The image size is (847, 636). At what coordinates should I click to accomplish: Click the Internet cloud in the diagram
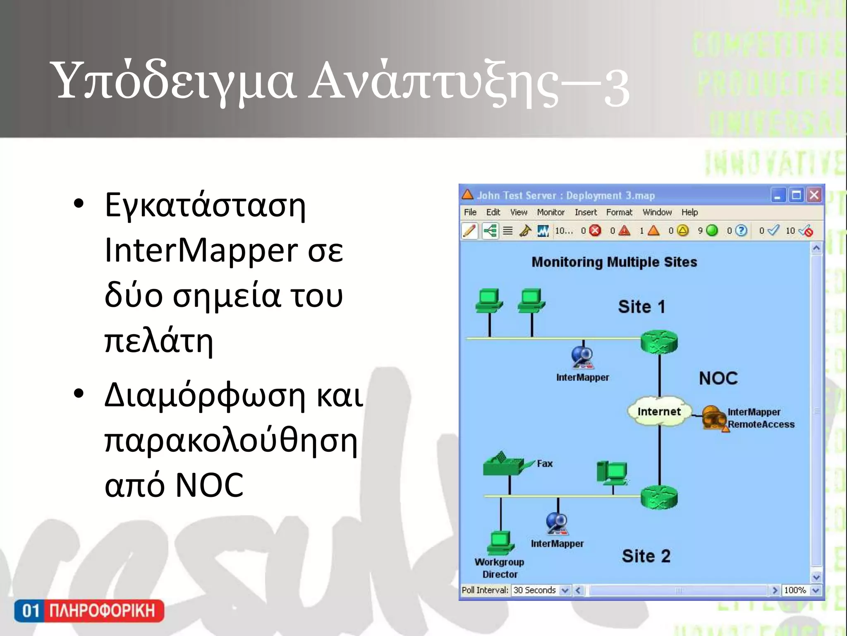[x=659, y=411]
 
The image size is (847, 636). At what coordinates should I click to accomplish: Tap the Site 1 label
[x=641, y=307]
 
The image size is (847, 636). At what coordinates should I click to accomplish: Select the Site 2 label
[x=646, y=556]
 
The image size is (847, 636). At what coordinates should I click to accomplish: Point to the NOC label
[x=718, y=378]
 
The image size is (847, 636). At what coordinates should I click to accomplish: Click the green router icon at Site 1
[x=659, y=342]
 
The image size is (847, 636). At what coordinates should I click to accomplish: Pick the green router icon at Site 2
[x=659, y=496]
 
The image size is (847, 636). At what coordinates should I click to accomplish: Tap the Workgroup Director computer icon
[x=501, y=543]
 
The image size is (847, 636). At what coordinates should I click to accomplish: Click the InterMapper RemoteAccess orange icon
[x=714, y=417]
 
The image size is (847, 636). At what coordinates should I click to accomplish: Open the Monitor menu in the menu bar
[x=550, y=212]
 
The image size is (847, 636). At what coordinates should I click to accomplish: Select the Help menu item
[x=689, y=212]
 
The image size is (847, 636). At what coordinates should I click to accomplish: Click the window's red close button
[x=814, y=195]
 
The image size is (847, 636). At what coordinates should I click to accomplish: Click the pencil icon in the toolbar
[x=469, y=231]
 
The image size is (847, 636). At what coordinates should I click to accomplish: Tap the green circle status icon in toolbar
[x=712, y=231]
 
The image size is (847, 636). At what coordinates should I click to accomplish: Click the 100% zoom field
[x=795, y=590]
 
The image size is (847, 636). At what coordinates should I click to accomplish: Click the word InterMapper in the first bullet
[x=201, y=250]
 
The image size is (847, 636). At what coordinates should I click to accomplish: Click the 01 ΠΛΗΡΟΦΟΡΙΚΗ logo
[x=89, y=611]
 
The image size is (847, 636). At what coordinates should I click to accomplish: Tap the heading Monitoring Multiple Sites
[x=614, y=262]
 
